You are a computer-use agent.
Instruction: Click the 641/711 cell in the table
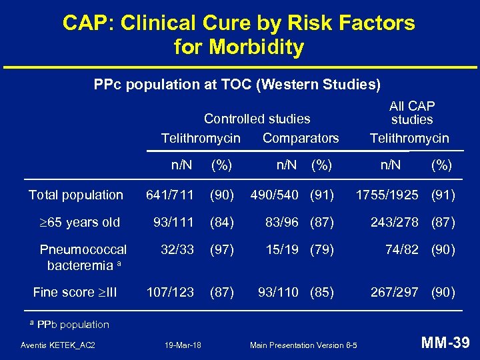[170, 195]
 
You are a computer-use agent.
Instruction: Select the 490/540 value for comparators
[277, 195]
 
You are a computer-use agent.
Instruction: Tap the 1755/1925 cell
[387, 195]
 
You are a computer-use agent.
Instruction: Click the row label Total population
[76, 195]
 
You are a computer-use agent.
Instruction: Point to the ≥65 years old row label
[79, 222]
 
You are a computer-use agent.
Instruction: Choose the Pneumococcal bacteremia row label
[83, 257]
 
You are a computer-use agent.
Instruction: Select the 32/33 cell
[177, 249]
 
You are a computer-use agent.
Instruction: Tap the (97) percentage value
[222, 249]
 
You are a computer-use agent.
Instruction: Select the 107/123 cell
[170, 292]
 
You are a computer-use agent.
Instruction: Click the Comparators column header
[301, 139]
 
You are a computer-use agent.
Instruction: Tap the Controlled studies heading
[257, 119]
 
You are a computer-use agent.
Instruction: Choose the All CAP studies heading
[411, 113]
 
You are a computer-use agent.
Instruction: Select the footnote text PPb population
[73, 325]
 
